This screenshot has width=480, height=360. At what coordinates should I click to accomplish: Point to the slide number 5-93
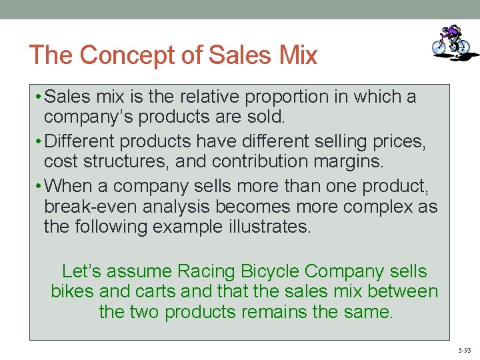point(464,350)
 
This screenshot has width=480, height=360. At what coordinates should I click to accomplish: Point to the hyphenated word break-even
point(90,207)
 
